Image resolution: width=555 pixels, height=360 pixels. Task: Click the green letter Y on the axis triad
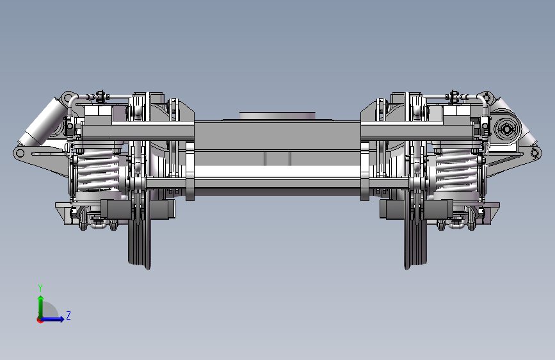click(40, 288)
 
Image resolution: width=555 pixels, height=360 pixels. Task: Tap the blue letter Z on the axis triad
click(68, 315)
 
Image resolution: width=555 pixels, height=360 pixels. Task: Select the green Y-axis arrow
click(41, 307)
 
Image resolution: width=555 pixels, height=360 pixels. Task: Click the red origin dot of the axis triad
click(39, 320)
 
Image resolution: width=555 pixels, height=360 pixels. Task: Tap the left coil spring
click(98, 170)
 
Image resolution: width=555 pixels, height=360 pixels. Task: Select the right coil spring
click(456, 170)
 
